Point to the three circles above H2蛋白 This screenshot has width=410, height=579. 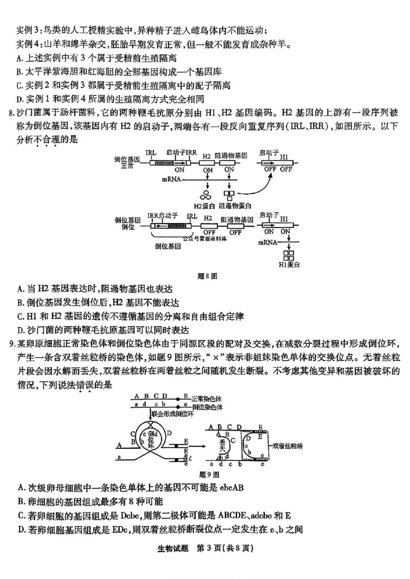[207, 194]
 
